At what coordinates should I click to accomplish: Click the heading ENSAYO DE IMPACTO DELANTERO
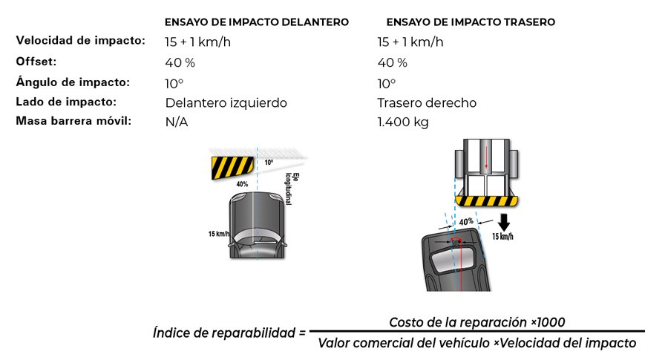click(257, 22)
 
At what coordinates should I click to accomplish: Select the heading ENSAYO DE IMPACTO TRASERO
click(471, 22)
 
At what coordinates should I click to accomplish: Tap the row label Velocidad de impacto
click(80, 41)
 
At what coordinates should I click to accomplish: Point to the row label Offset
click(36, 62)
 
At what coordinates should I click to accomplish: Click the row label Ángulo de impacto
click(73, 82)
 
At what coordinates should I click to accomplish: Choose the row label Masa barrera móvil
click(73, 121)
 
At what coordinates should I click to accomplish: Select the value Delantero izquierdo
click(226, 102)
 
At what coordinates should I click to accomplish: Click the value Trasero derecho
click(427, 102)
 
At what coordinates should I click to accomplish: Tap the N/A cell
click(177, 122)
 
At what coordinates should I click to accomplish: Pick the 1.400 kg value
click(403, 122)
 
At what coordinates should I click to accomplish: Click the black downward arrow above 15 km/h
click(504, 223)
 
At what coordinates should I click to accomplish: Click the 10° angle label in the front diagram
click(269, 163)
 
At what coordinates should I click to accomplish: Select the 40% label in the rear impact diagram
click(467, 221)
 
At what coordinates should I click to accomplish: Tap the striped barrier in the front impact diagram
click(232, 168)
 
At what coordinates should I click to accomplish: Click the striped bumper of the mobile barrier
click(486, 201)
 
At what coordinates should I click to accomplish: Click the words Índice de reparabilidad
click(224, 333)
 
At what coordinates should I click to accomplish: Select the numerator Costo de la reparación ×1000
click(477, 322)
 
